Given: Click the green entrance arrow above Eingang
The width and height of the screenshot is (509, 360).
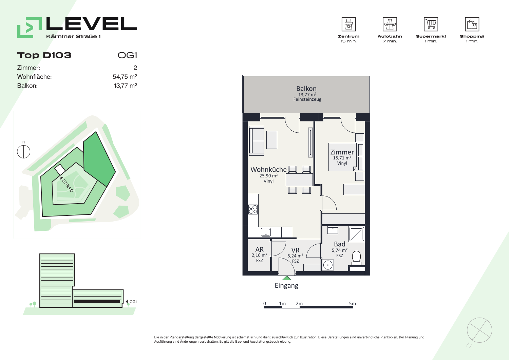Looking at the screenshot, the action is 287,278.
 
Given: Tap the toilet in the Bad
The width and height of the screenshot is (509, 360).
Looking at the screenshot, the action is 356,258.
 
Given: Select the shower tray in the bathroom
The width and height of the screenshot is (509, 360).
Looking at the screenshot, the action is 356,234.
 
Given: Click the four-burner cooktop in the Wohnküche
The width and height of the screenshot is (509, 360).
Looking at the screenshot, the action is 253,209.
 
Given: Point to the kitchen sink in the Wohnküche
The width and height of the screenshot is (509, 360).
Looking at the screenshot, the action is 266,232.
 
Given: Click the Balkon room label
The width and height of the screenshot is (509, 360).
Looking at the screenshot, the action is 306,89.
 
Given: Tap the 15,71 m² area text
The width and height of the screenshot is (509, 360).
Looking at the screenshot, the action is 342,158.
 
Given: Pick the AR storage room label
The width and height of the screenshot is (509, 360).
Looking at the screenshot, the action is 260,249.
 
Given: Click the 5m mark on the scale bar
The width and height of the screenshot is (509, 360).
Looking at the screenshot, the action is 353,303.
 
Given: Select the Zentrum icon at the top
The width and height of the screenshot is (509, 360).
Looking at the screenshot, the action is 348,24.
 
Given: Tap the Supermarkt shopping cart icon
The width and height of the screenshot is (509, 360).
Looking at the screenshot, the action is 431,24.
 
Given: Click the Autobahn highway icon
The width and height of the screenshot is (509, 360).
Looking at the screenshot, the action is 390,24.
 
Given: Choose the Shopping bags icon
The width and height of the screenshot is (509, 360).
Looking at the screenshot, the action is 472,24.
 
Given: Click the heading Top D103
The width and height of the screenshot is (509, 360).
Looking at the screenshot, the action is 44,55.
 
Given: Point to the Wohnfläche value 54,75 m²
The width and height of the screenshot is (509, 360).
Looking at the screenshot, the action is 125,77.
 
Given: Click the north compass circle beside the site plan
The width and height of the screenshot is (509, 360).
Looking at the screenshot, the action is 24,152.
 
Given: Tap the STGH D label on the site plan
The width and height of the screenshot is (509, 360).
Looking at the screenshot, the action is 68,186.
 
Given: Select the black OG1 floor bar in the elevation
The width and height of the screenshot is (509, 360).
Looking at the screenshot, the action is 97,302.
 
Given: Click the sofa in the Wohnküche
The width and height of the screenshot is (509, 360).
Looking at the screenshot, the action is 257,141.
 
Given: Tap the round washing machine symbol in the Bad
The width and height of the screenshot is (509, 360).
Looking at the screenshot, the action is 328,265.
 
